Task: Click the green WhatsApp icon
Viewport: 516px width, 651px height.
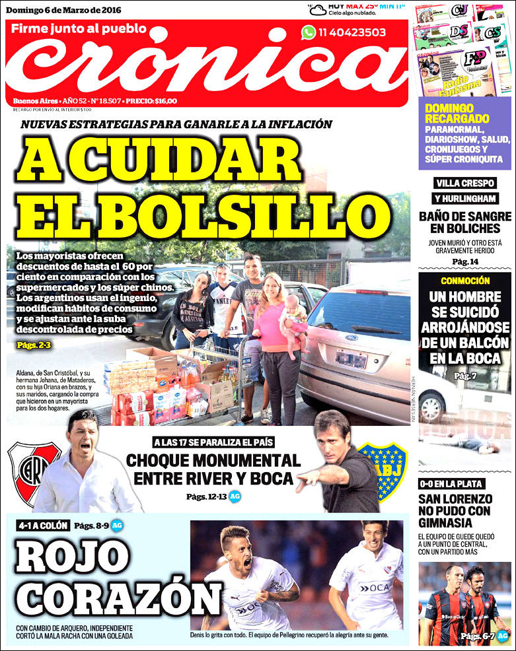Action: pyautogui.click(x=309, y=32)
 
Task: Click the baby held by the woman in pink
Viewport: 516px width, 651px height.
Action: pyautogui.click(x=293, y=320)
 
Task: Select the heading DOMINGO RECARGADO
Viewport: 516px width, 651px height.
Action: pyautogui.click(x=449, y=112)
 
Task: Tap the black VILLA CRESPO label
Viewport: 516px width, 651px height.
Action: pyautogui.click(x=465, y=183)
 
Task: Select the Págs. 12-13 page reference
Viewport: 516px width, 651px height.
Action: pyautogui.click(x=206, y=497)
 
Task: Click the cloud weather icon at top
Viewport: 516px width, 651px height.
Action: pyautogui.click(x=318, y=9)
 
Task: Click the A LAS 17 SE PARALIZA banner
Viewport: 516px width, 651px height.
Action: pyautogui.click(x=213, y=442)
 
